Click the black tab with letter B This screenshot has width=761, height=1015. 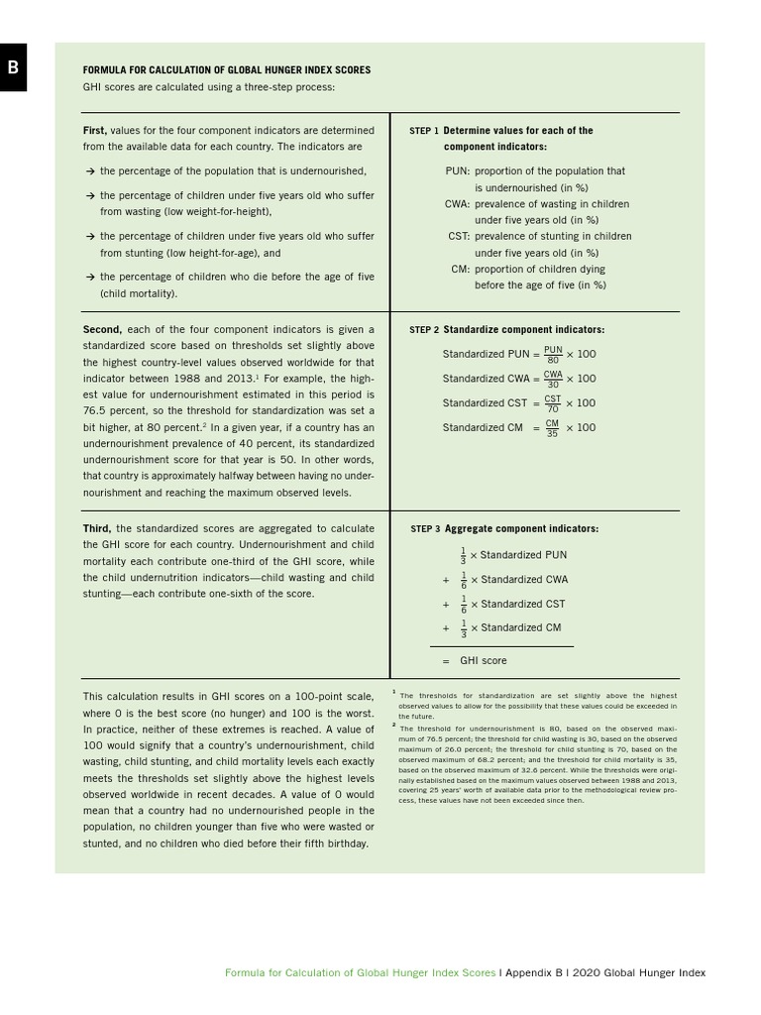tap(13, 66)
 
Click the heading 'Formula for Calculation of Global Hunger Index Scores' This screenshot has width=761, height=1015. tap(227, 70)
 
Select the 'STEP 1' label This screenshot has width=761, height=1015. tap(423, 131)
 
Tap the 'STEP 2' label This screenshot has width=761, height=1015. tap(423, 330)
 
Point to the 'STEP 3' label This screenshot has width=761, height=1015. tap(424, 529)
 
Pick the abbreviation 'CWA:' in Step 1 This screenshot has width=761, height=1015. tap(457, 204)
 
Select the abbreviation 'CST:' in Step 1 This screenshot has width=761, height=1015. tap(459, 237)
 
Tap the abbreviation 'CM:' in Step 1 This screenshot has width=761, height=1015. tap(460, 270)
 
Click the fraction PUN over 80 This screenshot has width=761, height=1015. tap(553, 354)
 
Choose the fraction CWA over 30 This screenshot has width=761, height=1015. tap(553, 379)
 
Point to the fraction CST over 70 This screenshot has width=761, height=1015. tap(553, 403)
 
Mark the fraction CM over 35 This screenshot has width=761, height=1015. tap(553, 428)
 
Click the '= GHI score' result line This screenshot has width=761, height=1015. tap(474, 660)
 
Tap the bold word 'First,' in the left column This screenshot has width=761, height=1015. tap(95, 131)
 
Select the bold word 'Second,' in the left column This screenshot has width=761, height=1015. tap(102, 330)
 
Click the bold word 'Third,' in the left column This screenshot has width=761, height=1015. tap(97, 529)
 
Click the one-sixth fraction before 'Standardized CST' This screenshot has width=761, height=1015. tap(463, 604)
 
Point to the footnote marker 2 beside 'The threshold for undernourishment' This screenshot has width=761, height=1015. tap(394, 725)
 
